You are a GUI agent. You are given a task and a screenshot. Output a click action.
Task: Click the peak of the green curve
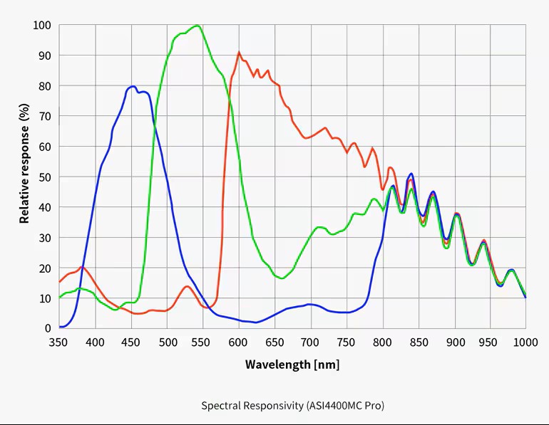pos(197,26)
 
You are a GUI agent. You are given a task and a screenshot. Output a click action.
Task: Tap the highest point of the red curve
pos(239,52)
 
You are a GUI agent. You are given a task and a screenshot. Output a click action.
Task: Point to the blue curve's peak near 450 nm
pos(133,86)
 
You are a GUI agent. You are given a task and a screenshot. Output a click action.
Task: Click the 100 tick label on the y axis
pos(42,26)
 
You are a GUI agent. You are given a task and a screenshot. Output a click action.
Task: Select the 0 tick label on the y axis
pos(48,328)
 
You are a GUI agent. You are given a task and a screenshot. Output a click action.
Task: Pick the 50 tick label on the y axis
pos(44,177)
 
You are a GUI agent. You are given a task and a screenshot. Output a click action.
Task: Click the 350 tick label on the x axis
pos(59,342)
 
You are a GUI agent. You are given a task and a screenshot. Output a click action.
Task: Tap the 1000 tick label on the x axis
pos(525,342)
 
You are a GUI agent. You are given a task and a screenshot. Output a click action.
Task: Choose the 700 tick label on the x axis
pos(310,342)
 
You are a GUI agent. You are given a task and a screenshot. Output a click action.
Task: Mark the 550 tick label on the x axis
pos(202,342)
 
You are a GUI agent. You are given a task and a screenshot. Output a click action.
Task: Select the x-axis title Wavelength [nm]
pos(292,364)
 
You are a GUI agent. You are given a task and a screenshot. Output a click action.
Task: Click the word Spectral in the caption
pos(219,406)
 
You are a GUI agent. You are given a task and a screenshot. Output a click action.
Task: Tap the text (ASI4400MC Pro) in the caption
pos(345,406)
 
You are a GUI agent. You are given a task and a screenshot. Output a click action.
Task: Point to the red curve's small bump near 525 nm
pos(187,286)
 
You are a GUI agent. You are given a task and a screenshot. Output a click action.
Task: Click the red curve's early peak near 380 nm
pos(82,267)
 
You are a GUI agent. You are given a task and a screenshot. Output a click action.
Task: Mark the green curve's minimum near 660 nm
pos(282,278)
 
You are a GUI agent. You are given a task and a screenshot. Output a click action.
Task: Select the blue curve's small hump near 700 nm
pos(310,304)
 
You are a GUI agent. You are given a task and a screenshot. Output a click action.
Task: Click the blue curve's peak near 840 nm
pos(411,174)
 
